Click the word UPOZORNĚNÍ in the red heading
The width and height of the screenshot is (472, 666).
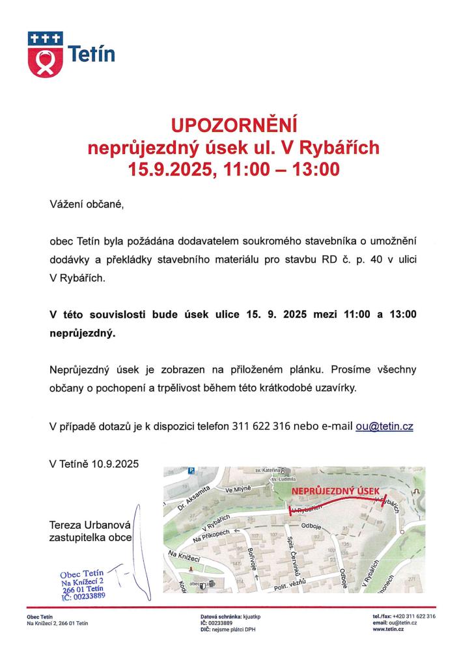pyautogui.click(x=234, y=124)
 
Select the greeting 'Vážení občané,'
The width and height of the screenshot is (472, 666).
pyautogui.click(x=85, y=205)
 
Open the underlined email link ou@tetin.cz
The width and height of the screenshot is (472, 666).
pyautogui.click(x=385, y=427)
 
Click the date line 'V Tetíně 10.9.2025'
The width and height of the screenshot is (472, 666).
pyautogui.click(x=94, y=463)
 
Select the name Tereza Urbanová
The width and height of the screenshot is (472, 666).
pyautogui.click(x=90, y=525)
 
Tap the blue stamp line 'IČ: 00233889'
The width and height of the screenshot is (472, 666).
pyautogui.click(x=84, y=594)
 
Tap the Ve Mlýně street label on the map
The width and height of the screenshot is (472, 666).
pyautogui.click(x=238, y=490)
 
